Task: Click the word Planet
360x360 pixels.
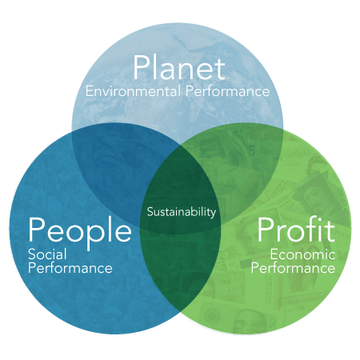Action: [x=179, y=67]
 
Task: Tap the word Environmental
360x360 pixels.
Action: [x=133, y=91]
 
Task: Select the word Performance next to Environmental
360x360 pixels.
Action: [x=227, y=91]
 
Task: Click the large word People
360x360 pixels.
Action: [x=80, y=231]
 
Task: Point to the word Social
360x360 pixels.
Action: [x=47, y=254]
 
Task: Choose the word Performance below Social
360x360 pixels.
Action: [x=70, y=268]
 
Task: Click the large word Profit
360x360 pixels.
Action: [x=296, y=229]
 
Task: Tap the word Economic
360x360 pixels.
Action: [x=302, y=254]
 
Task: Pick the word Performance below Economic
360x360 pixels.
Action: [x=293, y=268]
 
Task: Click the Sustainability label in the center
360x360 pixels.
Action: [x=182, y=212]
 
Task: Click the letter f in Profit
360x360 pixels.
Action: [x=317, y=229]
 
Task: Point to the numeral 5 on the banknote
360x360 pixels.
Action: [x=252, y=151]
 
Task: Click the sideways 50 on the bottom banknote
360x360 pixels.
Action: [x=274, y=323]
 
